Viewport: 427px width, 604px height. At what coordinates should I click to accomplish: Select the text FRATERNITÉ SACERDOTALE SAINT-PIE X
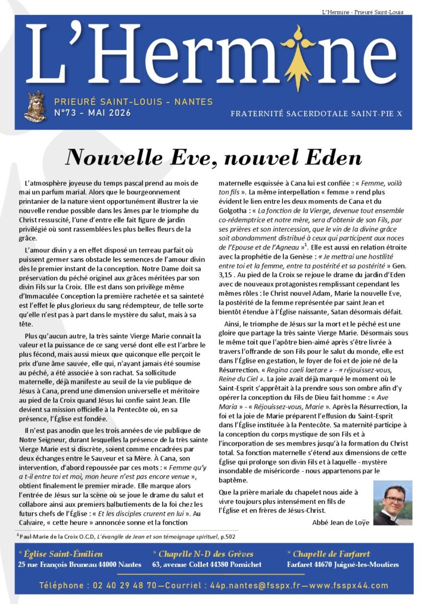point(316,113)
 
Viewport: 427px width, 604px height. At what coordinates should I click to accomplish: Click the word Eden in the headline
point(332,158)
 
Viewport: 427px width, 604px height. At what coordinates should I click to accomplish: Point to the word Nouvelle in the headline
point(106,158)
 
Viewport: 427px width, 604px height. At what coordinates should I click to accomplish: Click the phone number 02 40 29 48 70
point(123,585)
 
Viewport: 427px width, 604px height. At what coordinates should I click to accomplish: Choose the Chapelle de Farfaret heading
point(331,553)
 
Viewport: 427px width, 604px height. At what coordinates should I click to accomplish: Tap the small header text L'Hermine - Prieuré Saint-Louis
point(363,12)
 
